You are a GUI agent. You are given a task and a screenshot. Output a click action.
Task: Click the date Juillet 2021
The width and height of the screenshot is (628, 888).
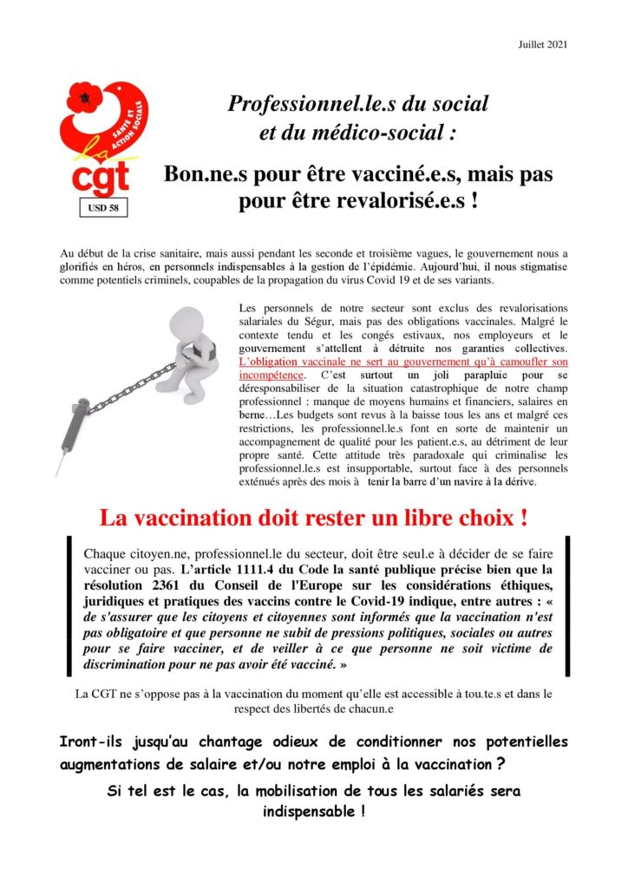(x=542, y=44)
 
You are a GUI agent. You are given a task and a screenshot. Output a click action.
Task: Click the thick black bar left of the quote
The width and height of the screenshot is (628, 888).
(x=70, y=607)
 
